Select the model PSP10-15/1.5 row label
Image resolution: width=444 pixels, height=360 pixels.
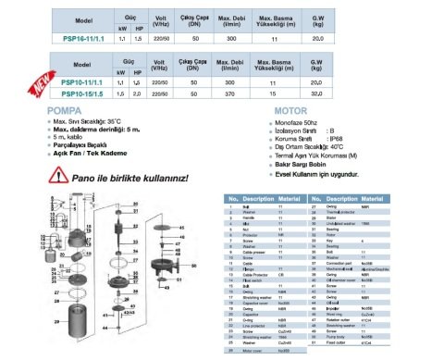point(83,93)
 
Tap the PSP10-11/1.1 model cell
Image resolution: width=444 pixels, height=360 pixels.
point(83,82)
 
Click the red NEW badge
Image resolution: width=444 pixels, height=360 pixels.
point(42,85)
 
